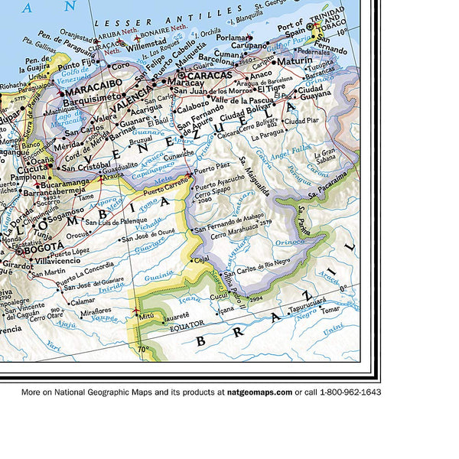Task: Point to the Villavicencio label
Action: pyautogui.click(x=58, y=260)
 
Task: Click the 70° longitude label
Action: pyautogui.click(x=143, y=350)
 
